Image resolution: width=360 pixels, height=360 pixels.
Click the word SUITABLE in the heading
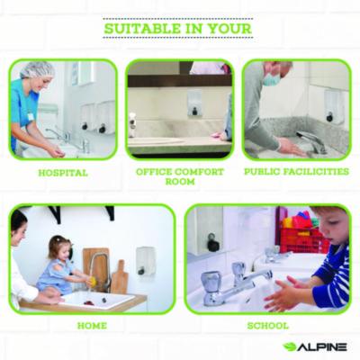(142, 29)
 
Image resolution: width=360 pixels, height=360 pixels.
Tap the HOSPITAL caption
(63, 173)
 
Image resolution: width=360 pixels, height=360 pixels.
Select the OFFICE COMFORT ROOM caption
(180, 176)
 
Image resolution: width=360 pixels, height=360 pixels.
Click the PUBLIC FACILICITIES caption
(296, 172)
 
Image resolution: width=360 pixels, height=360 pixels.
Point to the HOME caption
(92, 326)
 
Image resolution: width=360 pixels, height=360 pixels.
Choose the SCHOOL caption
(268, 326)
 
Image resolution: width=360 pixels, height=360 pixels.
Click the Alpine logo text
(322, 347)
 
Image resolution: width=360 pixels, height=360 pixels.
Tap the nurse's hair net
(37, 69)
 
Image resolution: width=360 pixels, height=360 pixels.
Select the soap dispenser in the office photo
(194, 103)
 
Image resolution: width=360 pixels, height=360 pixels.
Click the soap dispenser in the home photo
(146, 261)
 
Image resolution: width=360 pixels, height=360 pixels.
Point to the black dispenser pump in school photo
(212, 243)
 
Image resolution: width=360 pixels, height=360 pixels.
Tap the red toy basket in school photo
(303, 237)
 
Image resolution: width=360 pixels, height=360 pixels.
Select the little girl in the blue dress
(60, 265)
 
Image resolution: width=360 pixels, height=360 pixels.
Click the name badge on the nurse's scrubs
(31, 116)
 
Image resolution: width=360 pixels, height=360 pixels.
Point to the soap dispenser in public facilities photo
(333, 107)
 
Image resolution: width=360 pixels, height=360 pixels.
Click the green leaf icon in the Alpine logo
(290, 347)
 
